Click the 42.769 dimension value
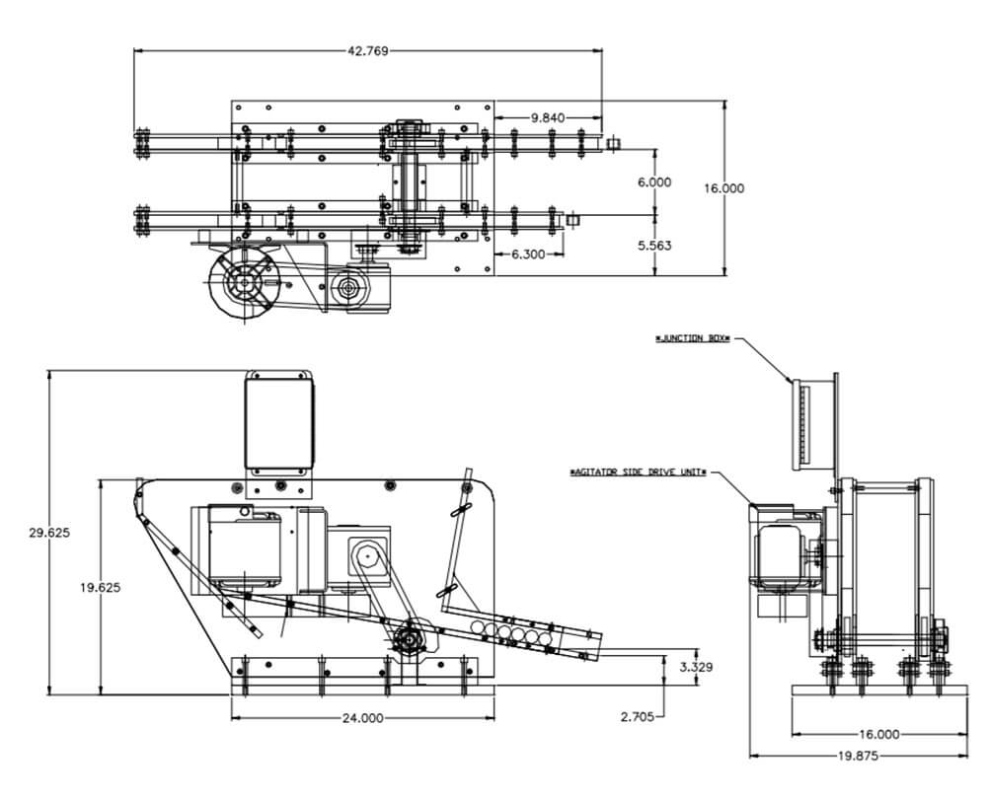(x=367, y=51)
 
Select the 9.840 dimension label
(x=548, y=117)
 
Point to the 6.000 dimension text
(x=654, y=182)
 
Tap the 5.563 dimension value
(x=654, y=245)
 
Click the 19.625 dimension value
(x=100, y=587)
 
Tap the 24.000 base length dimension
(x=362, y=718)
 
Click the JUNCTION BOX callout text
(x=693, y=338)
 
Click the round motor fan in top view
(x=242, y=284)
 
